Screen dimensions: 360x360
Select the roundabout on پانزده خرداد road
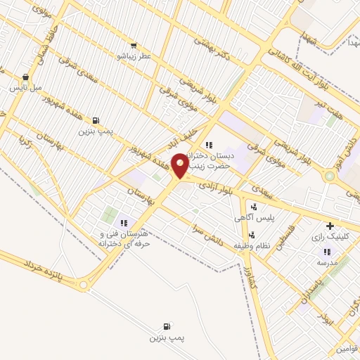85,285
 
